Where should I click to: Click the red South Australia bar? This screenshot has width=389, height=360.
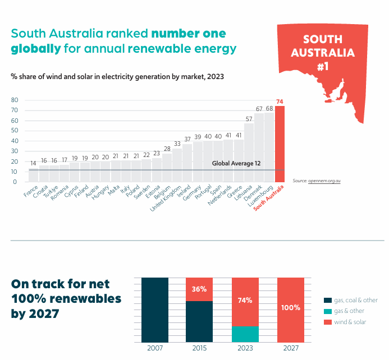click(280, 144)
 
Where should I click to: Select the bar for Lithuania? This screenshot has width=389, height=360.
click(249, 153)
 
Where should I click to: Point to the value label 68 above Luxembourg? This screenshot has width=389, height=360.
click(269, 109)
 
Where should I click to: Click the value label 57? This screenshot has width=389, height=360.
click(249, 119)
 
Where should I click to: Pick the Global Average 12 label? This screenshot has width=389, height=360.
click(236, 163)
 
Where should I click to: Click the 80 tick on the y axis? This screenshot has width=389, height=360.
click(15, 100)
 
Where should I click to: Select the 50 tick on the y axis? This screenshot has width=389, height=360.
click(15, 131)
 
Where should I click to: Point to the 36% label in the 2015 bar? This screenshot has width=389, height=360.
click(199, 289)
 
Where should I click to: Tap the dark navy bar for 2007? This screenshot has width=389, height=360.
click(155, 310)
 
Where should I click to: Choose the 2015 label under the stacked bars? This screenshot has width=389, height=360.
click(199, 348)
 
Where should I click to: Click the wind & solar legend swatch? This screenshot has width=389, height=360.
click(328, 322)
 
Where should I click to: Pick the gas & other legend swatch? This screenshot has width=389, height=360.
click(328, 311)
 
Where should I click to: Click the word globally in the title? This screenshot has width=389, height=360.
click(35, 48)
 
